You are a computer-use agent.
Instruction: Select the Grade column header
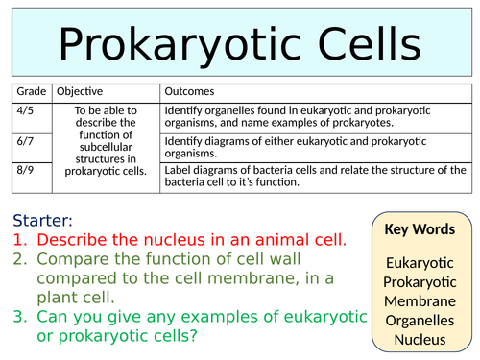coord(29,92)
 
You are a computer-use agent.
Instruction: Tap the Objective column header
coord(81,92)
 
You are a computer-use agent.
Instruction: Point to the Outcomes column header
coord(192,92)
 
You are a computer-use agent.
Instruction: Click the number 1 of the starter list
coord(21,240)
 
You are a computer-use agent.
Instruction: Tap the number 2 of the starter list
coord(21,260)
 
